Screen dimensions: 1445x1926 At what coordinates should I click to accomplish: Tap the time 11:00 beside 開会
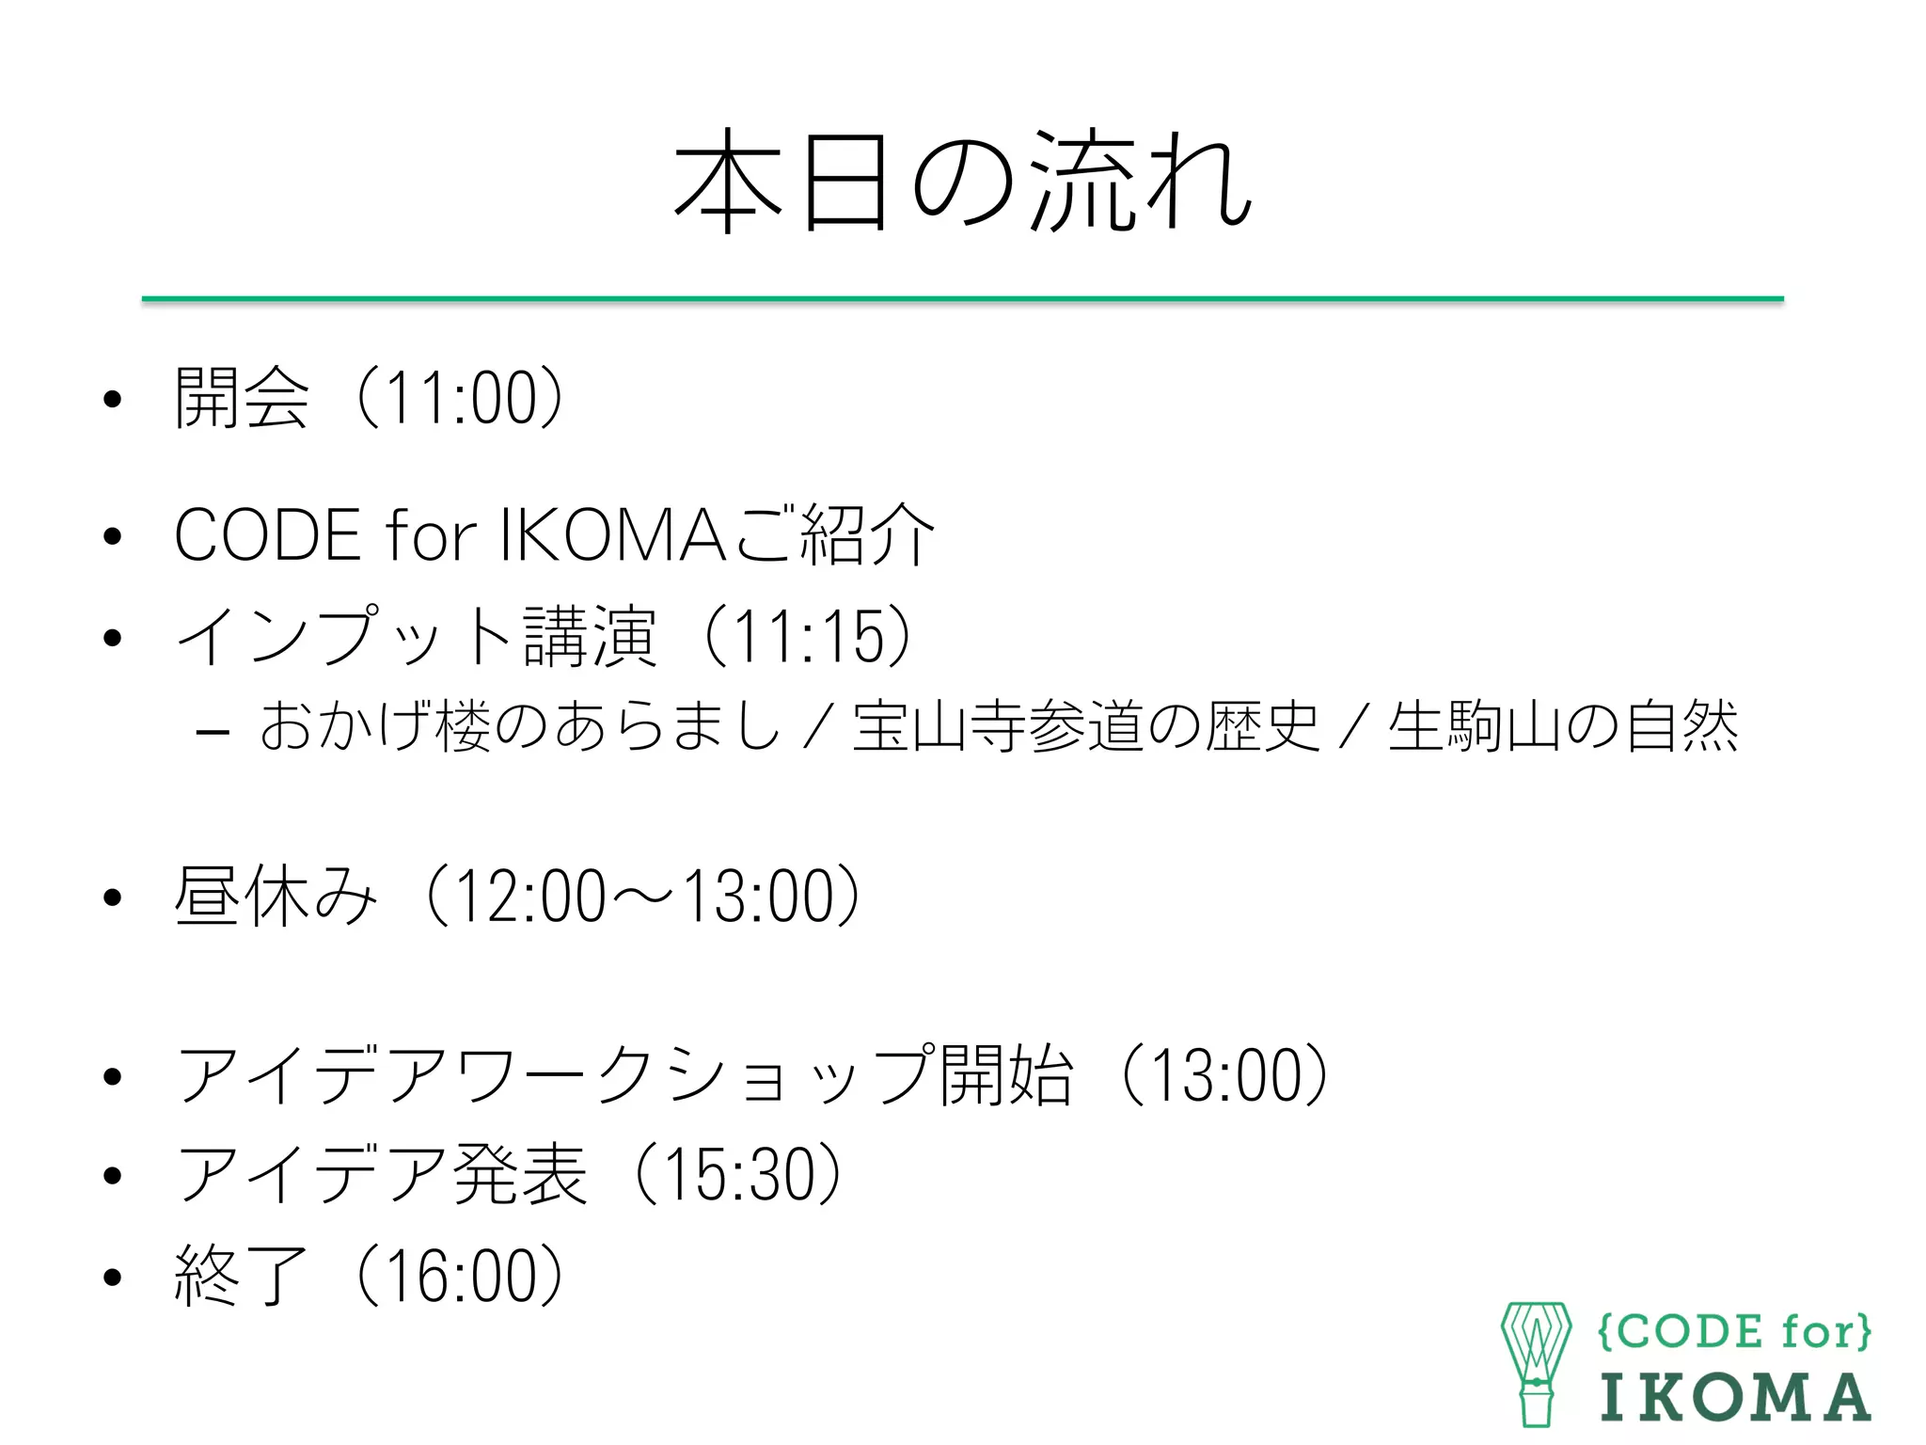(460, 398)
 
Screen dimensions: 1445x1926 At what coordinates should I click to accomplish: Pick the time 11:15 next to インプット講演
(808, 637)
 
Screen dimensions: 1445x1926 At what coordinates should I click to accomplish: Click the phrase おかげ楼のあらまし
(520, 726)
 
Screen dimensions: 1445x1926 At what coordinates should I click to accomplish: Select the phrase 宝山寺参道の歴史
(1086, 726)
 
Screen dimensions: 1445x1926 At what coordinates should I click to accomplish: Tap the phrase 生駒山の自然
(1563, 726)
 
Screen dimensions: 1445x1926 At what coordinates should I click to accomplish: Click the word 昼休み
(276, 896)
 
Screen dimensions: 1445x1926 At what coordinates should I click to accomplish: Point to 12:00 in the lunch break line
(530, 896)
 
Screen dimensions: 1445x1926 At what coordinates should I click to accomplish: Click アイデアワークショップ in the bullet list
(555, 1075)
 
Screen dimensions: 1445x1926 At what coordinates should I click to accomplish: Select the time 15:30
(738, 1174)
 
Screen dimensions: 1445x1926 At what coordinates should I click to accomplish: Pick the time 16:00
(460, 1276)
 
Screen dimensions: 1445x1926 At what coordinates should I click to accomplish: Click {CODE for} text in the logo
(1734, 1332)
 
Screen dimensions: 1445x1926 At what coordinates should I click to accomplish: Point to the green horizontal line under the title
(962, 299)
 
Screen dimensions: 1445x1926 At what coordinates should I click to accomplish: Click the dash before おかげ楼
(213, 731)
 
